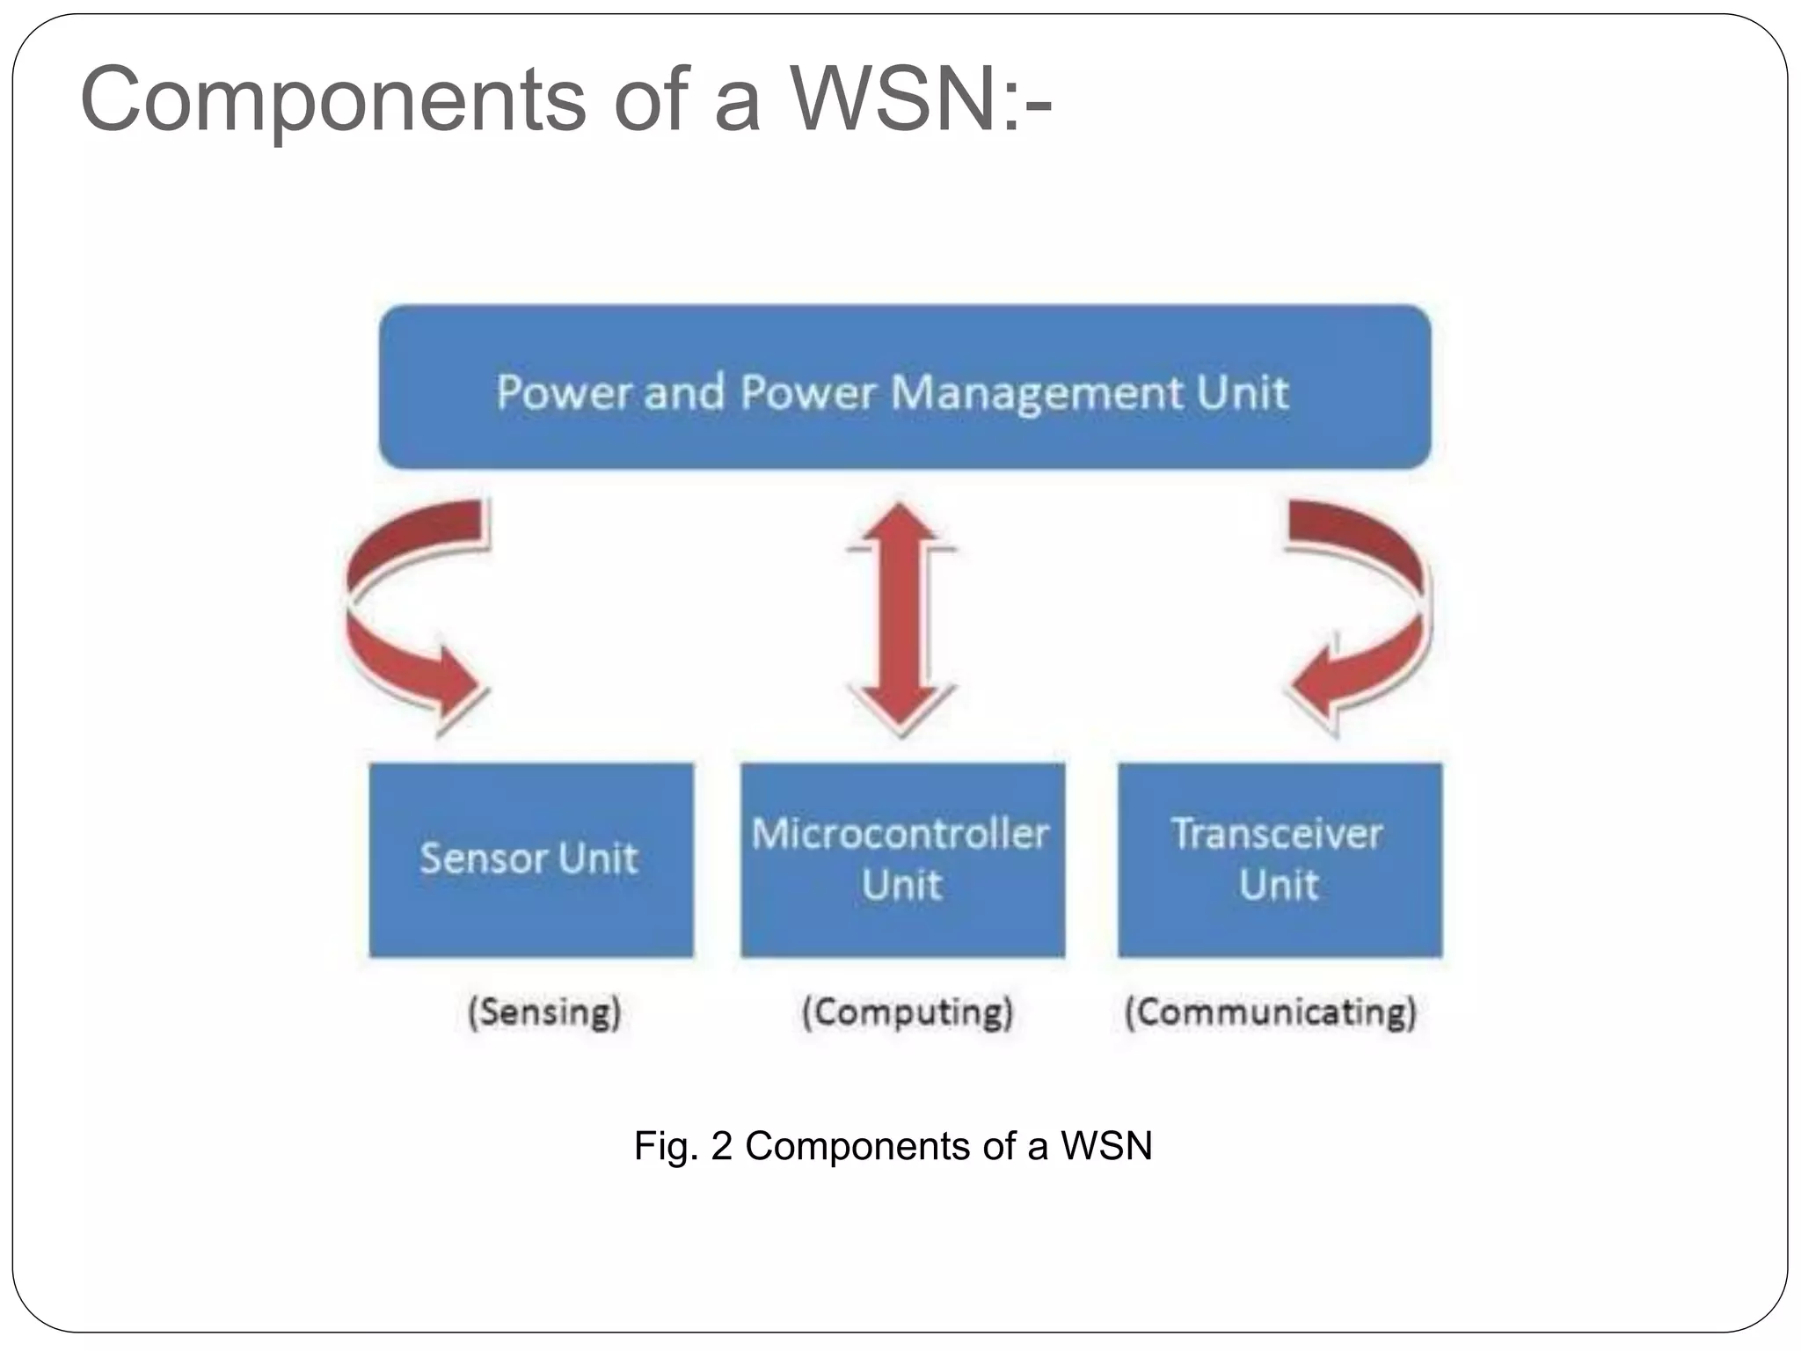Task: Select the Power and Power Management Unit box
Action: click(904, 387)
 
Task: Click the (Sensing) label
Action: click(544, 1011)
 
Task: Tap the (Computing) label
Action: click(908, 1011)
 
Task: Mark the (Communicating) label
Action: click(1271, 1011)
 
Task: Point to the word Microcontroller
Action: click(900, 833)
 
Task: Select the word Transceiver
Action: click(1277, 833)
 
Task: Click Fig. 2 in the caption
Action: click(682, 1146)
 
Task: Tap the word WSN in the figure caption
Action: click(1106, 1146)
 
